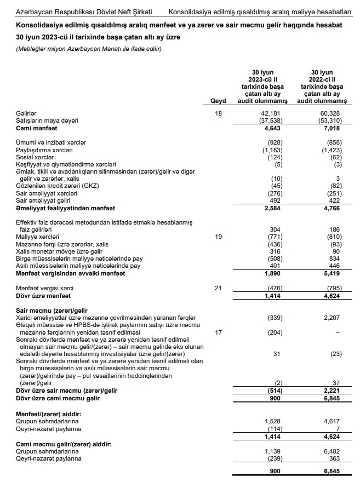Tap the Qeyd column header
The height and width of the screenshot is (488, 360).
click(x=218, y=101)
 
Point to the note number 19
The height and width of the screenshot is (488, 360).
click(x=218, y=236)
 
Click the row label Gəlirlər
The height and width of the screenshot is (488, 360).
click(x=26, y=113)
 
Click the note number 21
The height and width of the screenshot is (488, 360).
click(x=218, y=288)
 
